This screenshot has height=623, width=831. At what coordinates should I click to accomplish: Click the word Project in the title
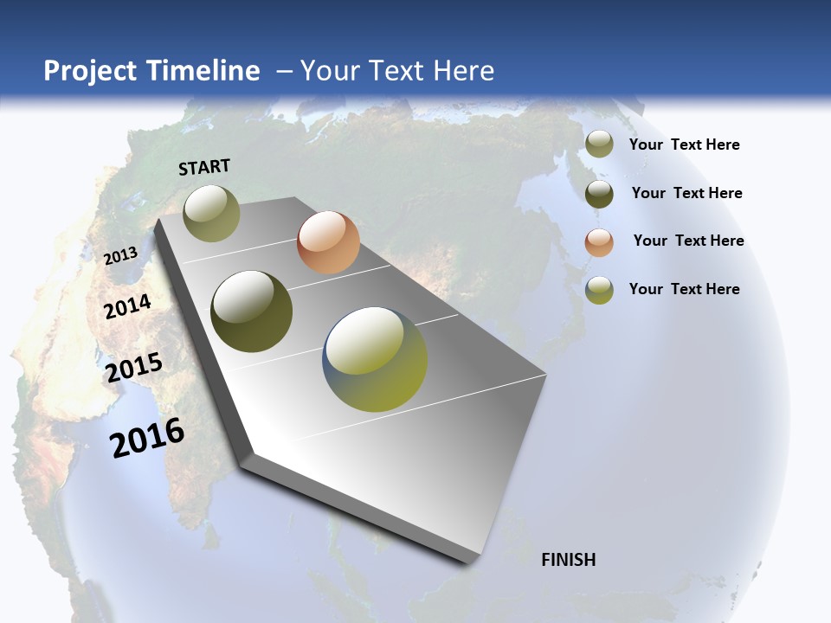pos(90,71)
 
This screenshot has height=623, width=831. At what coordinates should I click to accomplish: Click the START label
pos(204,167)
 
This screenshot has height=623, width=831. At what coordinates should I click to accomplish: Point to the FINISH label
pos(568,560)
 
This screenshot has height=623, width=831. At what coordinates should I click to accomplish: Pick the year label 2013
pos(120,256)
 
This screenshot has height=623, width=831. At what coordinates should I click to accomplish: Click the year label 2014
pos(127,306)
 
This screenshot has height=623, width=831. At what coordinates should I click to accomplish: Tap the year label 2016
pos(147,438)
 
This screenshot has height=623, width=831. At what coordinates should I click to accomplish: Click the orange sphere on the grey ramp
pos(328,242)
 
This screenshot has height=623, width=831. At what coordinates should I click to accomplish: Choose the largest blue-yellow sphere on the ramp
pos(376,359)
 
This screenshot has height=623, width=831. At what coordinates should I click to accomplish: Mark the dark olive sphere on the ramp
pos(251,311)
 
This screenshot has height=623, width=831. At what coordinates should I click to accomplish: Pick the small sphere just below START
pos(211,213)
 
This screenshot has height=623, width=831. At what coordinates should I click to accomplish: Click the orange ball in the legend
pos(599,241)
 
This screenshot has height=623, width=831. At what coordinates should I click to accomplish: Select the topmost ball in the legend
pos(599,144)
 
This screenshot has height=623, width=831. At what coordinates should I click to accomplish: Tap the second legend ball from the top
pos(599,193)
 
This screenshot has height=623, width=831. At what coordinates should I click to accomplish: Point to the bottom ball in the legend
pos(599,290)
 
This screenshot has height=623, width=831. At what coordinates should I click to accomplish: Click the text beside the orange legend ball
pos(688,241)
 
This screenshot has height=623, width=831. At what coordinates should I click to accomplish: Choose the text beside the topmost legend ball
pos(684,145)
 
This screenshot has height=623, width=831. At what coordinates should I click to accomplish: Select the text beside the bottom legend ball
pos(684,289)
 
